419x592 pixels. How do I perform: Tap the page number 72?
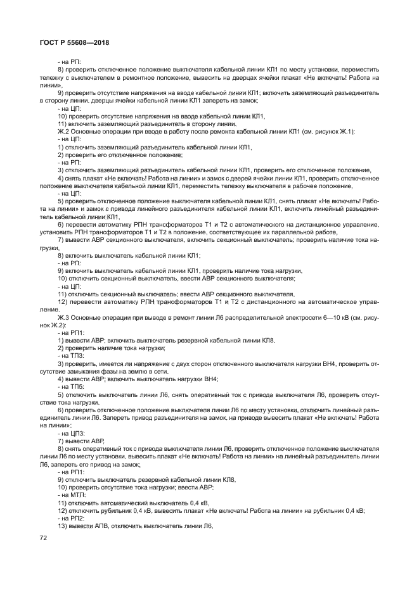tap(44, 539)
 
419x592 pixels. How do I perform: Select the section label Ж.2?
tap(63, 131)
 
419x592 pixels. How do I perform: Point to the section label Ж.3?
tap(63, 317)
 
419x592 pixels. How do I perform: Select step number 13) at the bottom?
tap(63, 526)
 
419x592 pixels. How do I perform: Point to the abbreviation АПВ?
tap(95, 526)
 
